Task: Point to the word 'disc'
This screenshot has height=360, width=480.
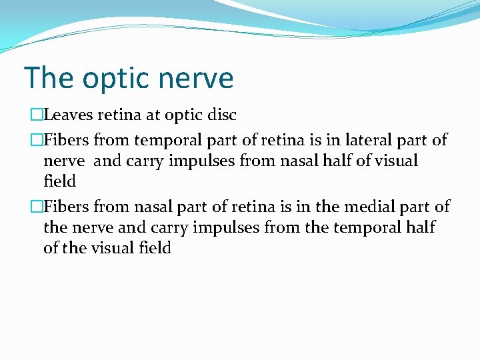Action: click(223, 115)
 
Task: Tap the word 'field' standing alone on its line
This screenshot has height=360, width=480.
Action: click(59, 181)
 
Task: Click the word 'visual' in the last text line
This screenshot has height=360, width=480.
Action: click(114, 248)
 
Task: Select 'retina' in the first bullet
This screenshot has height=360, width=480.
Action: click(119, 115)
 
